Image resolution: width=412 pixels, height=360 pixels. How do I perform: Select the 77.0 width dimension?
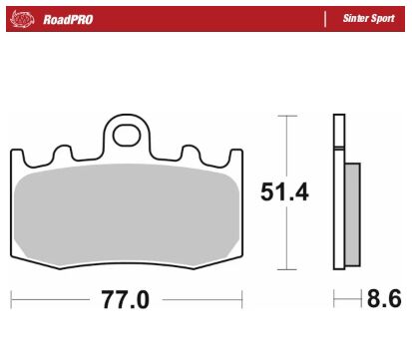click(x=127, y=298)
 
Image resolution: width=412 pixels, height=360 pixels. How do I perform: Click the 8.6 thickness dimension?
click(x=379, y=298)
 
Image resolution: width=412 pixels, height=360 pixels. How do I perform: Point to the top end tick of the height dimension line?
click(x=287, y=116)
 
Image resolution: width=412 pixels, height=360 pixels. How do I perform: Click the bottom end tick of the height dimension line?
click(x=287, y=270)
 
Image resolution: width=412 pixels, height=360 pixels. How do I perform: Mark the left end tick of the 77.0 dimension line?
click(x=11, y=298)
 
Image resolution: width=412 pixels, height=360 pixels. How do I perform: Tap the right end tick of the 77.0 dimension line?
click(x=242, y=298)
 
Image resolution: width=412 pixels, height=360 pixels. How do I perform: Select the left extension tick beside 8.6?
click(x=334, y=298)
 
